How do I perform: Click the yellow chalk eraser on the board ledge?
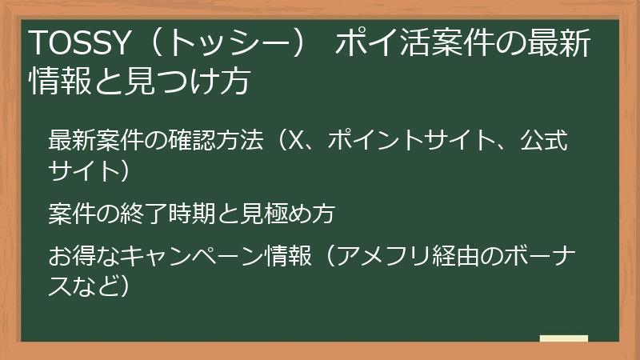pos(563,338)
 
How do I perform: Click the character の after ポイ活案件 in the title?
pos(503,44)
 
